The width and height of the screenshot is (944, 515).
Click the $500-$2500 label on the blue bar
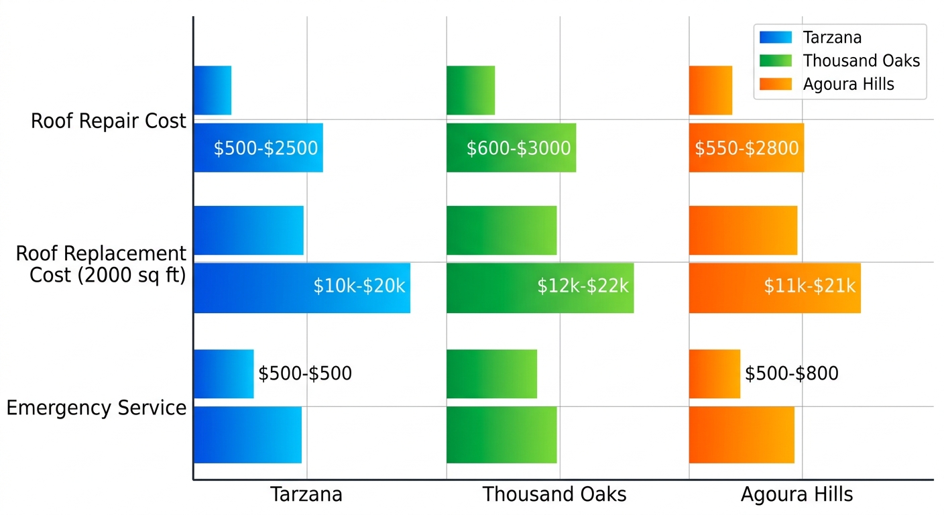click(265, 148)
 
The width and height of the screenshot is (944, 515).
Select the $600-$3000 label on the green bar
click(518, 148)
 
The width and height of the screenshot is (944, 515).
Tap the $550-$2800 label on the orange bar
click(746, 148)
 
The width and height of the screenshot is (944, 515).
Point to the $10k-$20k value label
click(359, 286)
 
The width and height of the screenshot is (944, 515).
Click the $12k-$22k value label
click(583, 286)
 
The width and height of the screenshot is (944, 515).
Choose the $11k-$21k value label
click(809, 286)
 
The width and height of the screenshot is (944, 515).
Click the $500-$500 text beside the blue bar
click(305, 374)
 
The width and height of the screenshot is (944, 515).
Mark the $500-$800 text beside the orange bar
click(791, 374)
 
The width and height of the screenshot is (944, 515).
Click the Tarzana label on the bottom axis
click(306, 495)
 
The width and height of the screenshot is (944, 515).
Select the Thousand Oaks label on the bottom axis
click(554, 495)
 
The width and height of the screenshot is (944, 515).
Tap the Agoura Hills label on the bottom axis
click(796, 495)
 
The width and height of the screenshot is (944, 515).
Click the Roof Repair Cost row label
click(109, 121)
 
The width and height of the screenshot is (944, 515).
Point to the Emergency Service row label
click(97, 408)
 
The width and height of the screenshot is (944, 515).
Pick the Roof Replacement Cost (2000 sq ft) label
click(101, 264)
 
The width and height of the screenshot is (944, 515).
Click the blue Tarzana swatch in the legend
click(775, 38)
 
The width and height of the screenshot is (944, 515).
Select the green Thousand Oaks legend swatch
click(775, 60)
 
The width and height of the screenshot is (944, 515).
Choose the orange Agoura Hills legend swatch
click(775, 84)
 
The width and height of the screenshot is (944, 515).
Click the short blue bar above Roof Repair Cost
click(212, 90)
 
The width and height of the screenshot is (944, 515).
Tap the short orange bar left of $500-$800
click(714, 374)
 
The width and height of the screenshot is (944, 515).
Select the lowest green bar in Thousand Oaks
click(501, 435)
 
